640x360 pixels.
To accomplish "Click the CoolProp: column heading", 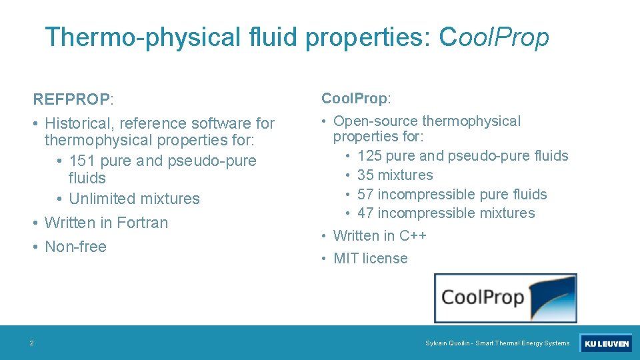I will (355, 98).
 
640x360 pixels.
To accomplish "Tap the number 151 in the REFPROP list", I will (82, 161).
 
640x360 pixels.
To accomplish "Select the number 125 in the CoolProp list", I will (369, 155).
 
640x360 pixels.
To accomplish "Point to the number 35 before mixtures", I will (365, 175).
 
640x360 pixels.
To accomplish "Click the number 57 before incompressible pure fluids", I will (365, 194).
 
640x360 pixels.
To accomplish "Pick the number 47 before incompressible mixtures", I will (365, 213).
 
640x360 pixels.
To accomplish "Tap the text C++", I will (413, 235).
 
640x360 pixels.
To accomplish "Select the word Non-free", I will (75, 246).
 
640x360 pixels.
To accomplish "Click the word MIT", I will (346, 258).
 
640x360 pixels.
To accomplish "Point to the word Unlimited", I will (101, 198).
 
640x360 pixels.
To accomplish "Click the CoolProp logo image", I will (505, 297).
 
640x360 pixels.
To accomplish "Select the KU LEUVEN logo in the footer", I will (606, 343).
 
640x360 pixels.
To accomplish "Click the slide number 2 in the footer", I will (31, 343).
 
